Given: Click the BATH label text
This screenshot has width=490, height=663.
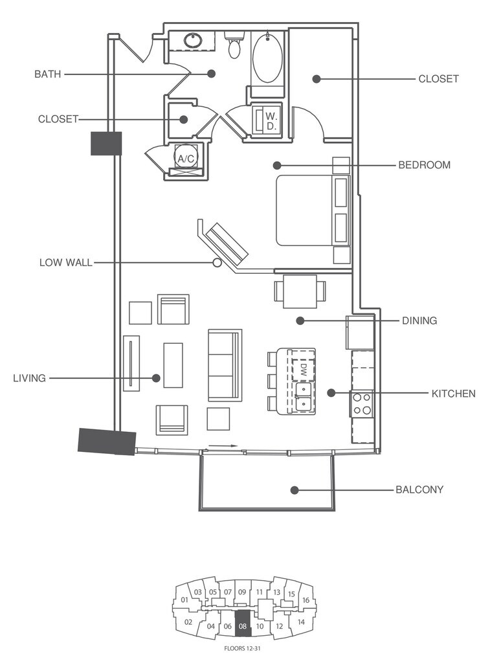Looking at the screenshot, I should pyautogui.click(x=47, y=74).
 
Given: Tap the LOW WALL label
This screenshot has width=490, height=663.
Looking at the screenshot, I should pyautogui.click(x=65, y=263).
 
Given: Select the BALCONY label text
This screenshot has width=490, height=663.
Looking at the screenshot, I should pyautogui.click(x=419, y=490).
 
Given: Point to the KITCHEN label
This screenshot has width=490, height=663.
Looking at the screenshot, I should pyautogui.click(x=453, y=394).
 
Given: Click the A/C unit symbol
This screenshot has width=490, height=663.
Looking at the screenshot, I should pyautogui.click(x=185, y=157).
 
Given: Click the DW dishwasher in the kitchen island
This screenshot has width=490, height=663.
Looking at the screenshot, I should pyautogui.click(x=302, y=369).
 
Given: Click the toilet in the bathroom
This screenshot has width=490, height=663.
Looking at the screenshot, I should pyautogui.click(x=234, y=45).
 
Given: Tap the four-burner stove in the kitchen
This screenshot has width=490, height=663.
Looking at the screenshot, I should pyautogui.click(x=362, y=403).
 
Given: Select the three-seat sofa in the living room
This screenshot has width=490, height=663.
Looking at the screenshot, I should pyautogui.click(x=225, y=365).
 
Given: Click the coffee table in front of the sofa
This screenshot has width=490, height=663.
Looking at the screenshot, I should pyautogui.click(x=173, y=365).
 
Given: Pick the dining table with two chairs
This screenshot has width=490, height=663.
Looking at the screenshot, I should pyautogui.click(x=300, y=291).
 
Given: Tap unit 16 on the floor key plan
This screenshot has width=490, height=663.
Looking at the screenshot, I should pyautogui.click(x=306, y=600).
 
